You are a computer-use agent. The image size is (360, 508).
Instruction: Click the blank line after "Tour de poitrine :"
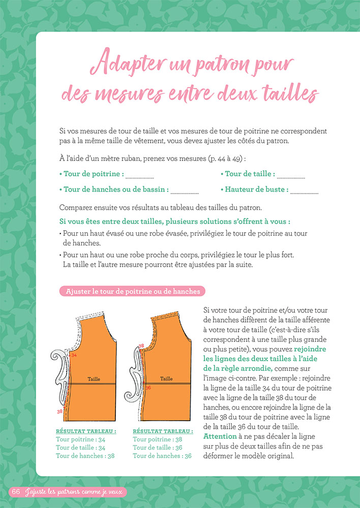(x=139, y=177)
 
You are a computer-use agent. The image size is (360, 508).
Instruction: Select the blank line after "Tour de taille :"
(x=291, y=177)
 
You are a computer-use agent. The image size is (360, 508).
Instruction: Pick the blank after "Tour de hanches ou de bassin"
(x=185, y=193)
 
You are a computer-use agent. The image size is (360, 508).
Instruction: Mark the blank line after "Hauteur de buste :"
(x=304, y=193)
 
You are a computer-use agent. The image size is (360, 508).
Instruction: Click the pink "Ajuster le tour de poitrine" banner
(x=133, y=291)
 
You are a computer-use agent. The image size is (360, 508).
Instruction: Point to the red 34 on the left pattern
(x=74, y=355)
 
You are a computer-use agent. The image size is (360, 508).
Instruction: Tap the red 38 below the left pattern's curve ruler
(x=61, y=410)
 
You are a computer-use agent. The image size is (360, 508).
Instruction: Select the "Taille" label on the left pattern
(x=94, y=379)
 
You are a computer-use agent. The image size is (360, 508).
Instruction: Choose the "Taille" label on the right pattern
(x=166, y=379)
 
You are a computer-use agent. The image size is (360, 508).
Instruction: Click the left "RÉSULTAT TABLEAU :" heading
(x=86, y=431)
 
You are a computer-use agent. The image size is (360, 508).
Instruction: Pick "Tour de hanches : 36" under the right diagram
(x=162, y=456)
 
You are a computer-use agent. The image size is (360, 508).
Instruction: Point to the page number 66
(x=16, y=492)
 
